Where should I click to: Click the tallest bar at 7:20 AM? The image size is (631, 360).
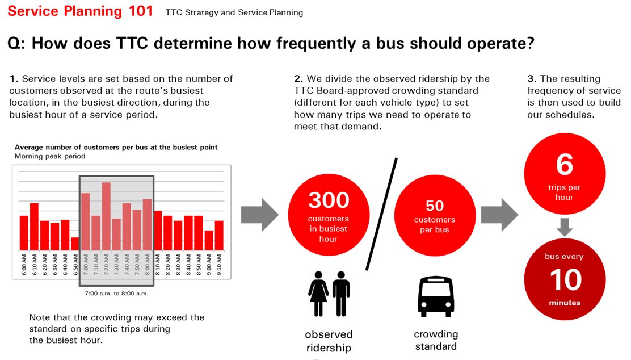coord(106,216)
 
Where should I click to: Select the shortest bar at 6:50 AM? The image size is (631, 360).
coord(75,244)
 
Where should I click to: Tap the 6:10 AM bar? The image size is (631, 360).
coord(34,226)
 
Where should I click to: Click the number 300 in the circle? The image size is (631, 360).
coord(329,200)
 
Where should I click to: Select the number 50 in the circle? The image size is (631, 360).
coord(435,206)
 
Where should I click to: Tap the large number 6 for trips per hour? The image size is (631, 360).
coord(564,165)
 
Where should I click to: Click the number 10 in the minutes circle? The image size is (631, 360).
coord(565,279)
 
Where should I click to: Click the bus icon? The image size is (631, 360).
coord(435,296)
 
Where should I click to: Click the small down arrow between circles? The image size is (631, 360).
coord(565,227)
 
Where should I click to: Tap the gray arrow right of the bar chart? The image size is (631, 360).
coord(259,215)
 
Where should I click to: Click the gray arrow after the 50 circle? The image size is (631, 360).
coord(499,215)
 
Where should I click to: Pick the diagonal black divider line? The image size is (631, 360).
coord(381,214)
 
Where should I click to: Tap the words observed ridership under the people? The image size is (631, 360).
coord(329,341)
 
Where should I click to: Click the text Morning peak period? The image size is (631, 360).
coord(50,156)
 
